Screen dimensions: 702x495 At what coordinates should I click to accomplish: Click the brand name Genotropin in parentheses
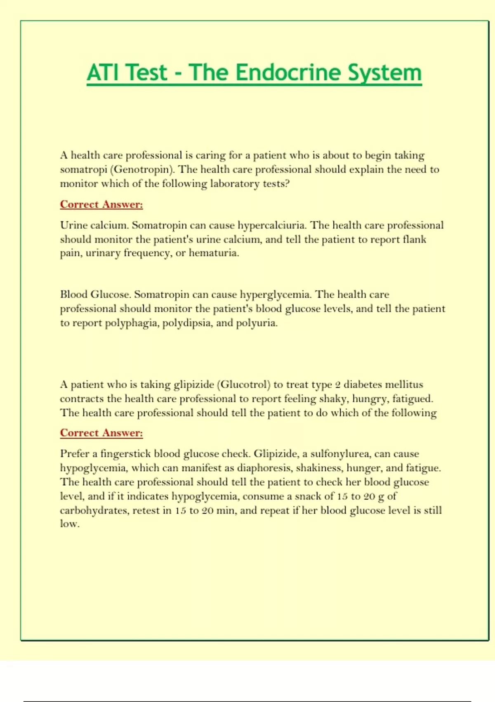pos(141,169)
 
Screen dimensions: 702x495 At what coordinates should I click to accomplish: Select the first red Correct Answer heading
pos(101,204)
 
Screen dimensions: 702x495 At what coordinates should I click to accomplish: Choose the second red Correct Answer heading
pos(101,433)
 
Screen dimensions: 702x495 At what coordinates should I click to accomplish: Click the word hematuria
pos(214,253)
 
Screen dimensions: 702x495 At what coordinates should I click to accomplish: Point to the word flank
pos(414,240)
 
